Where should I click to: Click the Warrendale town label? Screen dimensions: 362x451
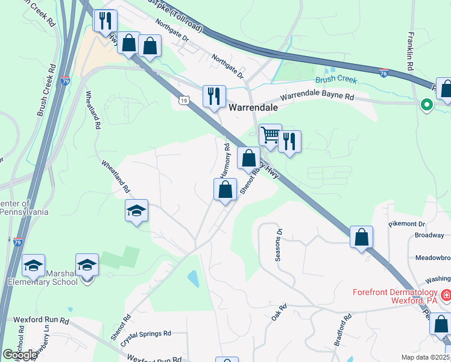click(253, 107)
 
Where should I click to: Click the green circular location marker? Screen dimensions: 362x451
click(427, 105)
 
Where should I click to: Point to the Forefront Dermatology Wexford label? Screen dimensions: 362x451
click(395, 296)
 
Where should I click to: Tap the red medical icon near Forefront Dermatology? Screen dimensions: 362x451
click(446, 296)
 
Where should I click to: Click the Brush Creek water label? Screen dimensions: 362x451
click(335, 80)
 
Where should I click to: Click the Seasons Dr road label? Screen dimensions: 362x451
click(279, 245)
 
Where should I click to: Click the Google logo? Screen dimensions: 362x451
click(20, 355)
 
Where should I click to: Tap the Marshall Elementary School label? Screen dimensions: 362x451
click(43, 278)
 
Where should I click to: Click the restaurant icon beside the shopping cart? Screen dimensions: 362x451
click(289, 142)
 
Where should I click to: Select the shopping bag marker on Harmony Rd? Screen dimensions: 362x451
click(225, 189)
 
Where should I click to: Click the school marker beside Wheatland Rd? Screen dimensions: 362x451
click(137, 211)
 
